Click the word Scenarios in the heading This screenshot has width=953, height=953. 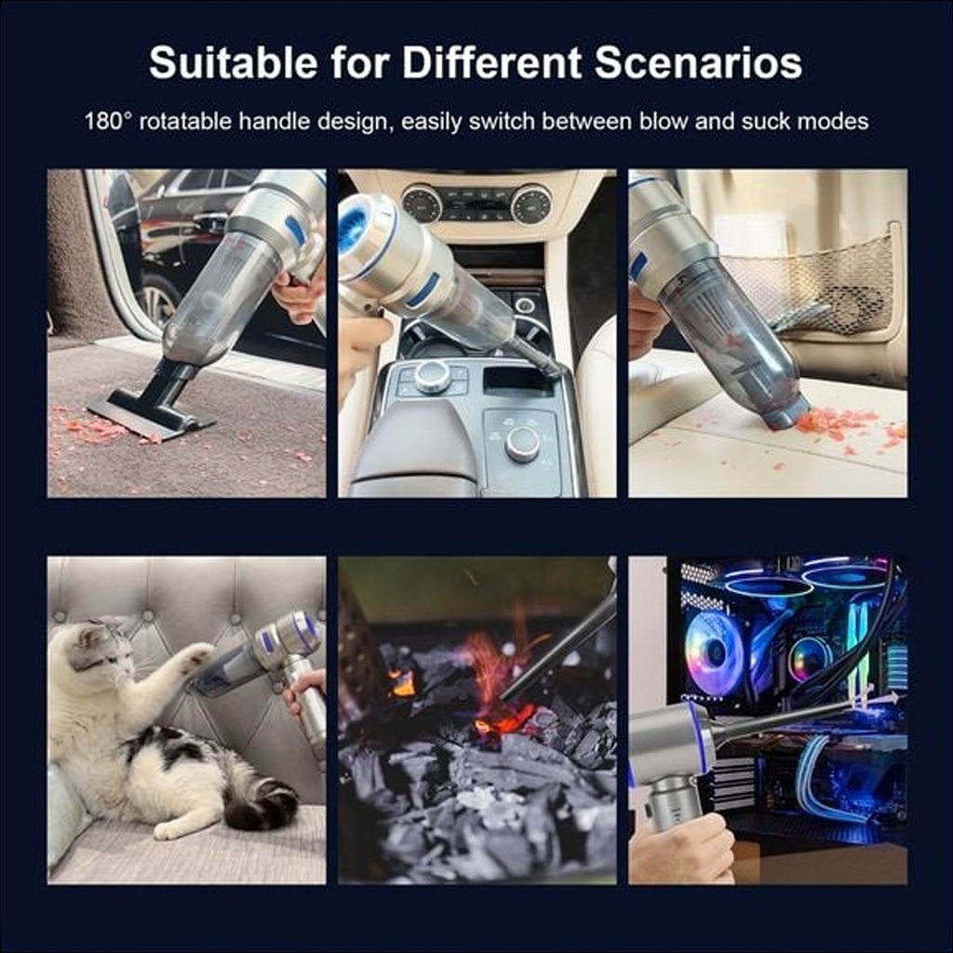[x=698, y=62]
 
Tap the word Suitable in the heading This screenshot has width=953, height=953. [x=233, y=62]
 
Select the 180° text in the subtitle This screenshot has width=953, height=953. [x=108, y=121]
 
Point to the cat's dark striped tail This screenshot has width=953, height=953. [x=262, y=802]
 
